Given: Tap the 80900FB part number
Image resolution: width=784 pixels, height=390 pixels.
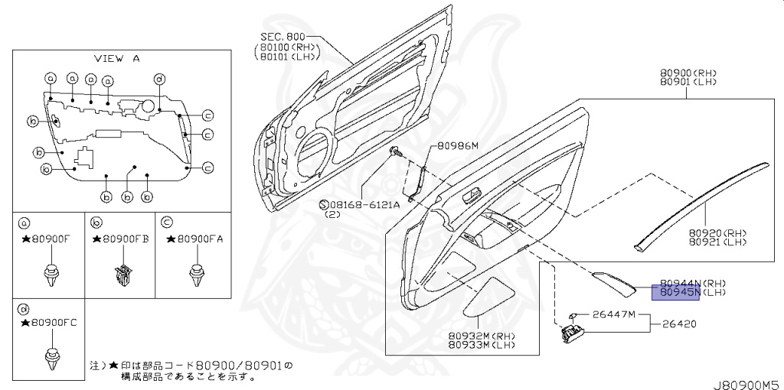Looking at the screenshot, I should [x=124, y=239].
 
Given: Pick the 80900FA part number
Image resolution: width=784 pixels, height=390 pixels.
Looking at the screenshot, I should [x=197, y=239].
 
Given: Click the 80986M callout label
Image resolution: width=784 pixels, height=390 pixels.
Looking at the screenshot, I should [x=458, y=145].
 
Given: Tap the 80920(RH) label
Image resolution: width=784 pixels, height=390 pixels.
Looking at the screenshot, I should [x=717, y=232].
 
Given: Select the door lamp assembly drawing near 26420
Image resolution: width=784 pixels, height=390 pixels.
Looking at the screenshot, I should [x=572, y=333].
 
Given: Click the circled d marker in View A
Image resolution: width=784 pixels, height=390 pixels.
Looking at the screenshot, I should [x=159, y=79].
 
